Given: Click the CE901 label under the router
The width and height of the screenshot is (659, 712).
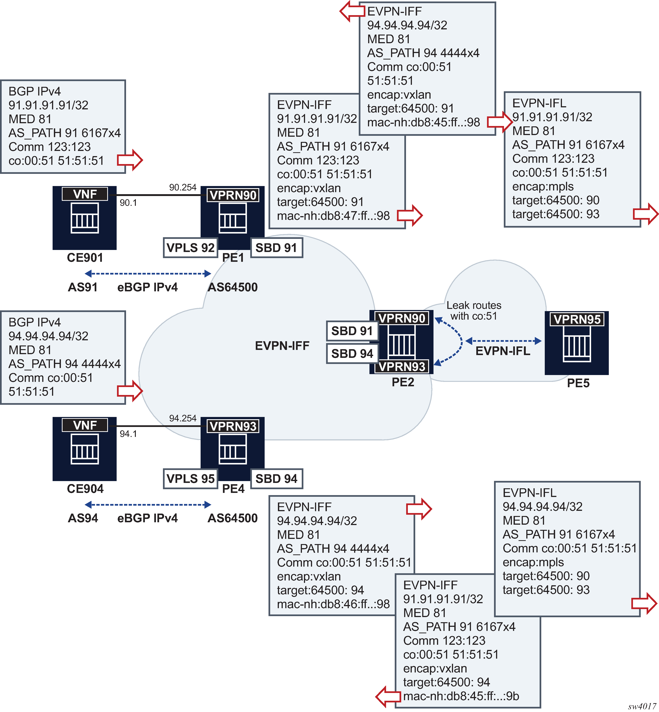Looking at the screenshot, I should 85,258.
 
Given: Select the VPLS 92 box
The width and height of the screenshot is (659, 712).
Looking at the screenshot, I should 190,247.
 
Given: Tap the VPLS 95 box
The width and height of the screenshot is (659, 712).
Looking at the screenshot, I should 190,478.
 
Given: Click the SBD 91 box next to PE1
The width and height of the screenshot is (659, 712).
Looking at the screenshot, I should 276,247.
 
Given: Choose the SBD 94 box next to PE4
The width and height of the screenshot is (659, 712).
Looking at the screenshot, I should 276,478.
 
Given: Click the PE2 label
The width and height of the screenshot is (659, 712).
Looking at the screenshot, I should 403,382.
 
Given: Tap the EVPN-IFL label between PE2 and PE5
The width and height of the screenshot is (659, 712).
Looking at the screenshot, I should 503,351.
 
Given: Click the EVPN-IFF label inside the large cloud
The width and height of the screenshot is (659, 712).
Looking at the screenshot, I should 282,346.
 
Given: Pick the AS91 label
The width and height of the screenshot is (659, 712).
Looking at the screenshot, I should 83,287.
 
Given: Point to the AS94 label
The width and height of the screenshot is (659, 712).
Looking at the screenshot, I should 83,518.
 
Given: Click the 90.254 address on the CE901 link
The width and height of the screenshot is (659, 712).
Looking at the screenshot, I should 183,188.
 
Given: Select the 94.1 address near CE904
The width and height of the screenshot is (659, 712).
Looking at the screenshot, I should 128,434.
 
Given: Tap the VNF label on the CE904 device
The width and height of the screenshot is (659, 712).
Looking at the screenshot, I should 85,425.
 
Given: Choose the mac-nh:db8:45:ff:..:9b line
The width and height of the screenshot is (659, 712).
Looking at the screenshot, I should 461,696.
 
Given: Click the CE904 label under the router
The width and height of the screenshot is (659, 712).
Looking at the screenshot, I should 85,488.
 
